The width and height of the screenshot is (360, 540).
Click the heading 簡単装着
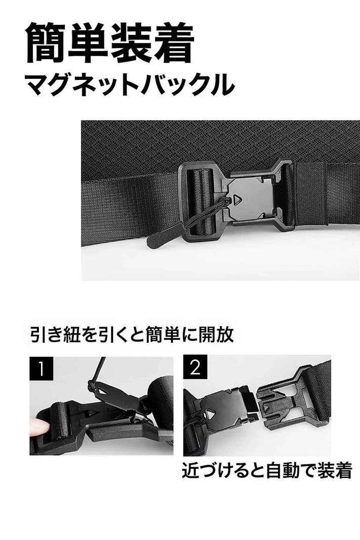[110, 42]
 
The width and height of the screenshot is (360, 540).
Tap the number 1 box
[41, 368]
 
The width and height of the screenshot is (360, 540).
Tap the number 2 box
[195, 367]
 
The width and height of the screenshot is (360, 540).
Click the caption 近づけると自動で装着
[267, 470]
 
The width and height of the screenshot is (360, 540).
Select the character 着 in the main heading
[173, 42]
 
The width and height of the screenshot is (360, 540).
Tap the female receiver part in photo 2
[283, 403]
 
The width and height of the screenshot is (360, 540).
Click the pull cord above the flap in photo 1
[100, 369]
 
